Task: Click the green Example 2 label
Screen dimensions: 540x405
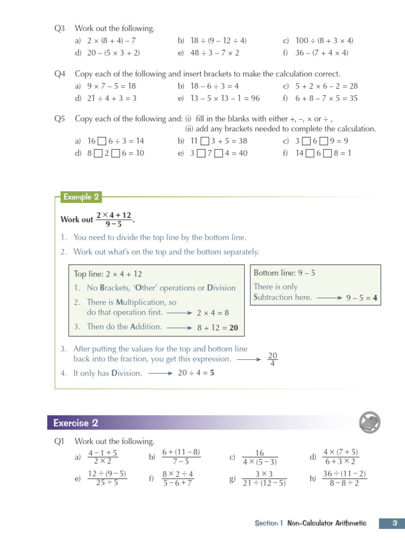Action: pyautogui.click(x=81, y=197)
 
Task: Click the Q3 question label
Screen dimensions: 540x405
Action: pyautogui.click(x=60, y=28)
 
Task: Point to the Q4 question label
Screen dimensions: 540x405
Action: pyautogui.click(x=60, y=74)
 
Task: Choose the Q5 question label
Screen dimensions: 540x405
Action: pyautogui.click(x=60, y=119)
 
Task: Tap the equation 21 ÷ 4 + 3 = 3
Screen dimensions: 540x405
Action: pyautogui.click(x=112, y=99)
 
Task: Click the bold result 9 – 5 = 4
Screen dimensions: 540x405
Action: pyautogui.click(x=362, y=297)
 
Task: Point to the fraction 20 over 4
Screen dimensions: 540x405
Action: pyautogui.click(x=273, y=359)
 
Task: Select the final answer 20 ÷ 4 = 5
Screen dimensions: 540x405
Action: pyautogui.click(x=196, y=373)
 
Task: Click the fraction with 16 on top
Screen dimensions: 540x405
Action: pyautogui.click(x=259, y=457)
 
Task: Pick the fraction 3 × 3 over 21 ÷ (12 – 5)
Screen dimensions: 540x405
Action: pyautogui.click(x=264, y=478)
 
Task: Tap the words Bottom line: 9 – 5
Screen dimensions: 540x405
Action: pyautogui.click(x=284, y=273)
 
